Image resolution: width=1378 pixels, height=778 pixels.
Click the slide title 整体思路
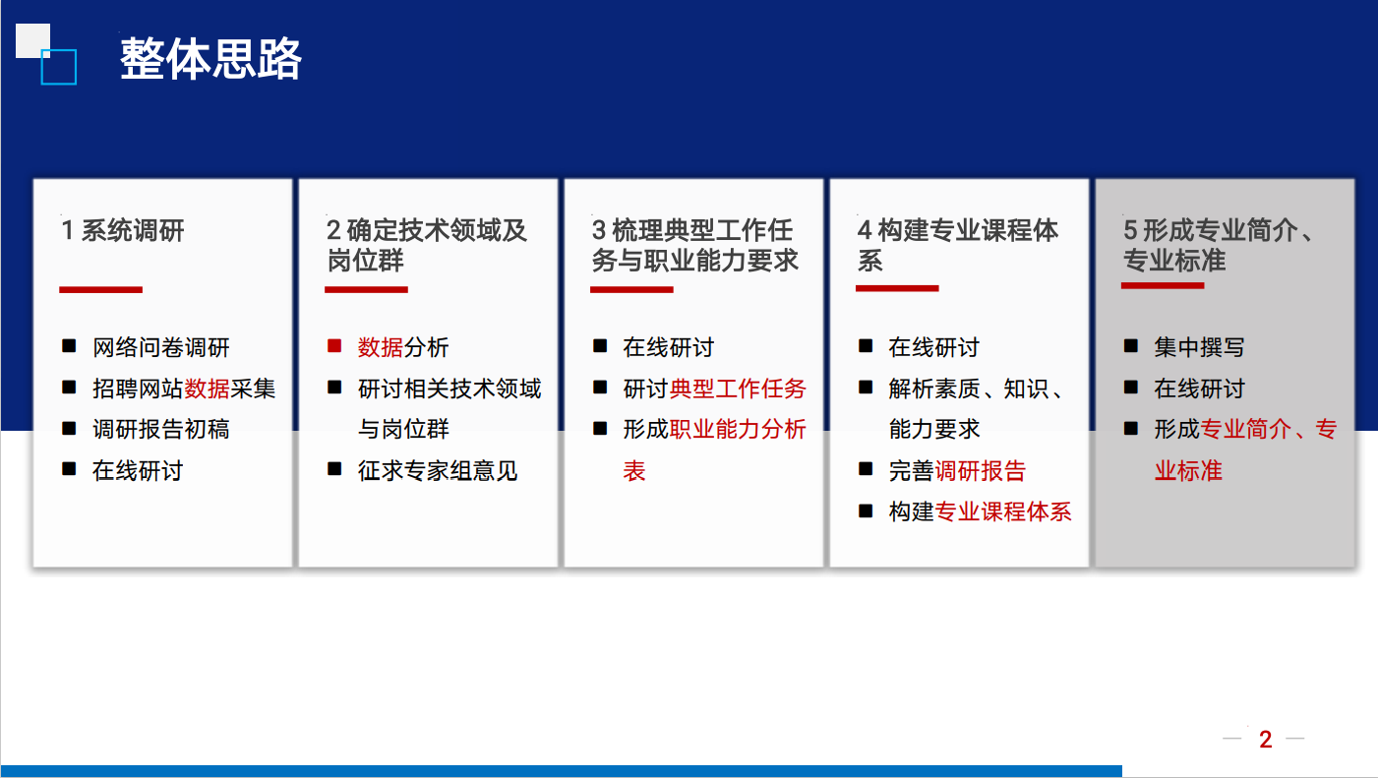(210, 58)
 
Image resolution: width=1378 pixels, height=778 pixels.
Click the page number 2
(1266, 740)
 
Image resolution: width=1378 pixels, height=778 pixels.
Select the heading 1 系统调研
(122, 230)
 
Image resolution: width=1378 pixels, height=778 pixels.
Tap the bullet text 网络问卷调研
(160, 347)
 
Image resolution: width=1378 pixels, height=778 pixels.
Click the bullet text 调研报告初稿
(160, 429)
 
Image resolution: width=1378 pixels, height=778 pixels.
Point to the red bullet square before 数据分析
(334, 345)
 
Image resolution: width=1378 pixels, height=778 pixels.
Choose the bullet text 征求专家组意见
(438, 470)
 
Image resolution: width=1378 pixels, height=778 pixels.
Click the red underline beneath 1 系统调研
(101, 290)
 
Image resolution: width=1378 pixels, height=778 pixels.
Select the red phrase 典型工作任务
(738, 389)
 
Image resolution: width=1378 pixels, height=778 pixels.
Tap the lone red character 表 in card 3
(634, 470)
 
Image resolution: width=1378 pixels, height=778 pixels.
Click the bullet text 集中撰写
(1199, 347)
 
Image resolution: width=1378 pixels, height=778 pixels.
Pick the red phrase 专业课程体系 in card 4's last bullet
(1003, 511)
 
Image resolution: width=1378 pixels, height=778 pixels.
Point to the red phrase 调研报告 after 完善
(981, 470)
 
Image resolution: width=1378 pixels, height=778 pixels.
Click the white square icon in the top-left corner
(32, 40)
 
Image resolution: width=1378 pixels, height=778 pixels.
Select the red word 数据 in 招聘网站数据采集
(207, 389)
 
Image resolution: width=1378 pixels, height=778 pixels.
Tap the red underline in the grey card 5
(1162, 286)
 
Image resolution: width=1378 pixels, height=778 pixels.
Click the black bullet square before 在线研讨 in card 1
(69, 469)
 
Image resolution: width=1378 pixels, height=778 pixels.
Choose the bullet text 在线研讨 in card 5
(1199, 389)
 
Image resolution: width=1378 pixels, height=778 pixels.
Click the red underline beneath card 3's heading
(631, 290)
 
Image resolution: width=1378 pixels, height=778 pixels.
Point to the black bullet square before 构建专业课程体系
(866, 510)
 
